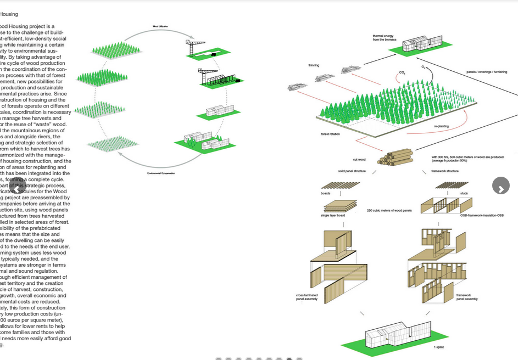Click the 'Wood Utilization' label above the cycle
[x=160, y=26]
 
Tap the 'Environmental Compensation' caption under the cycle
[x=161, y=173]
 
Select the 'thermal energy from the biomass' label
[x=383, y=38]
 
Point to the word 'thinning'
[x=314, y=65]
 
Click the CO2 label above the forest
[x=402, y=72]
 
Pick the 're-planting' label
[x=441, y=126]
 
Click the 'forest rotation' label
[x=331, y=134]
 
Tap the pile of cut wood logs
[x=395, y=157]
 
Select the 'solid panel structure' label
[x=352, y=171]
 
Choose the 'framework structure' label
[x=445, y=171]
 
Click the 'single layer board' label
[x=333, y=215]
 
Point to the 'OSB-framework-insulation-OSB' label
[x=482, y=215]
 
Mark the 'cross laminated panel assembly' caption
[x=307, y=297]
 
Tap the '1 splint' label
[x=439, y=347]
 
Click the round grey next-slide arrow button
[x=500, y=185]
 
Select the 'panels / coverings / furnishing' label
[x=487, y=72]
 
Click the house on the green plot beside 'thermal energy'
[x=422, y=44]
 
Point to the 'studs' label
[x=464, y=193]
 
